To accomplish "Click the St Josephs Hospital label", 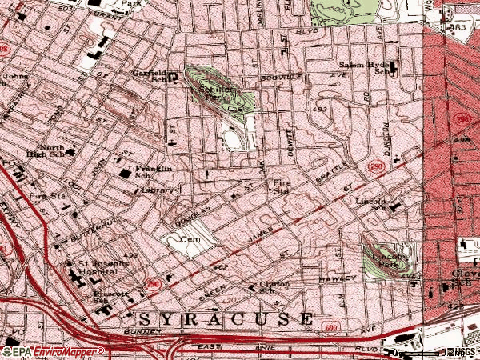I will coord(100,269).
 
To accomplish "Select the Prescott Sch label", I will coord(107,296).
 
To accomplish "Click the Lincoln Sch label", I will coord(373,204).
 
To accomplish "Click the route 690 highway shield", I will coord(330,327).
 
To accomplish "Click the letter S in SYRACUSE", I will coord(132,317).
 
